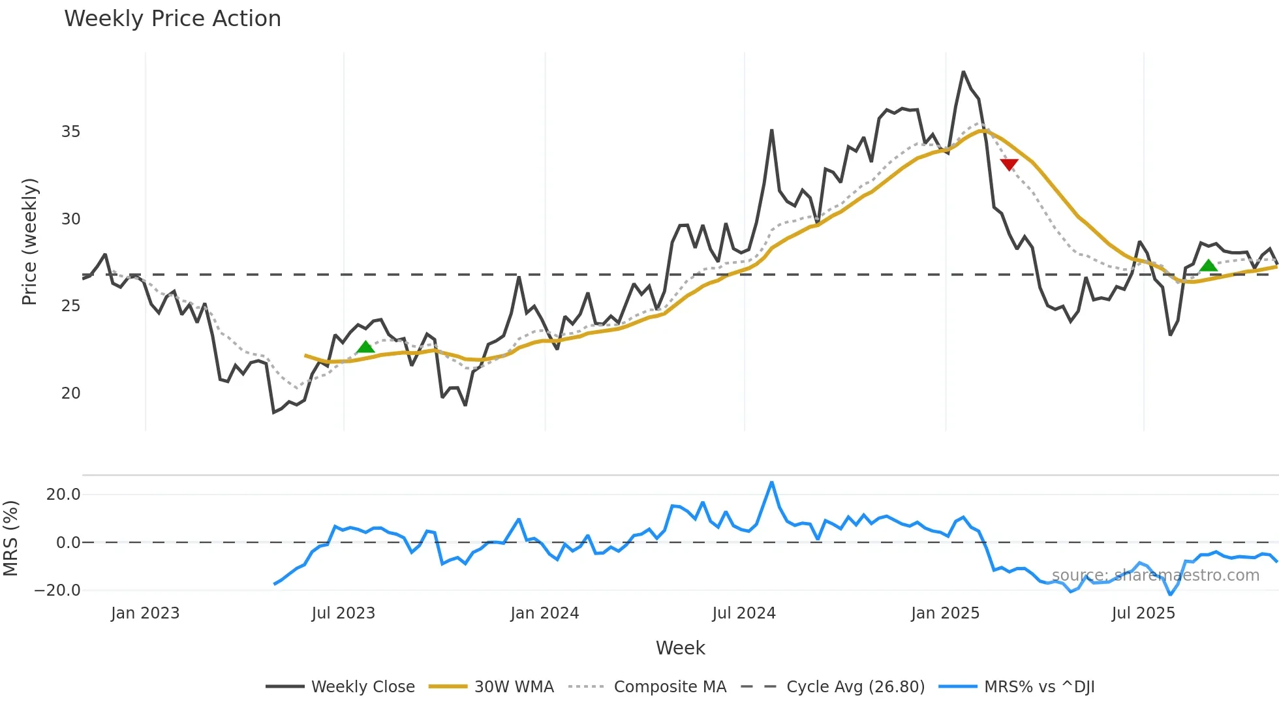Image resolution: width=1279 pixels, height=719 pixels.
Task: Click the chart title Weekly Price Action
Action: pyautogui.click(x=172, y=19)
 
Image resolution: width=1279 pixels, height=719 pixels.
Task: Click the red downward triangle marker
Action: pyautogui.click(x=1009, y=164)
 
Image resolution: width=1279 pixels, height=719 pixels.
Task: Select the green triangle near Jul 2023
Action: pyautogui.click(x=365, y=347)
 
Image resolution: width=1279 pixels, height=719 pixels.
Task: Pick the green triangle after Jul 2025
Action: pyautogui.click(x=1209, y=266)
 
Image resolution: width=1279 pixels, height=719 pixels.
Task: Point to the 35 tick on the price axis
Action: pyautogui.click(x=70, y=132)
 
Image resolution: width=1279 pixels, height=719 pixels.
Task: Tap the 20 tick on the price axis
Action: pyautogui.click(x=70, y=393)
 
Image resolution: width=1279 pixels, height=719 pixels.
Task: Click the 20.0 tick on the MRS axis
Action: pyautogui.click(x=63, y=495)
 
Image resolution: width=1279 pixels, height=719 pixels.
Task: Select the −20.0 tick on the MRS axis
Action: pyautogui.click(x=57, y=590)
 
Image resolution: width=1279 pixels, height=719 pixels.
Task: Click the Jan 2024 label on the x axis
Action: pyautogui.click(x=544, y=613)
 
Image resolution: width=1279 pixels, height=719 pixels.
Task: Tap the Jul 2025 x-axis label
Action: pyautogui.click(x=1143, y=613)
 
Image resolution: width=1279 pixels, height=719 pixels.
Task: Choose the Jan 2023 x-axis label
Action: pyautogui.click(x=145, y=613)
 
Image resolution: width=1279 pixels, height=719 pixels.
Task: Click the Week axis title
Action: pyautogui.click(x=680, y=648)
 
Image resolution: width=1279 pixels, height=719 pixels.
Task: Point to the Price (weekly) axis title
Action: pyautogui.click(x=29, y=241)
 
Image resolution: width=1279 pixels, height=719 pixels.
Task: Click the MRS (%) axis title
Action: pyautogui.click(x=10, y=538)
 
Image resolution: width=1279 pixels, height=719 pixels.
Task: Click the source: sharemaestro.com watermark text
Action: pyautogui.click(x=1155, y=575)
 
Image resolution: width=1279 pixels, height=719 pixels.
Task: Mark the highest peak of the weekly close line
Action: pyautogui.click(x=963, y=72)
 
